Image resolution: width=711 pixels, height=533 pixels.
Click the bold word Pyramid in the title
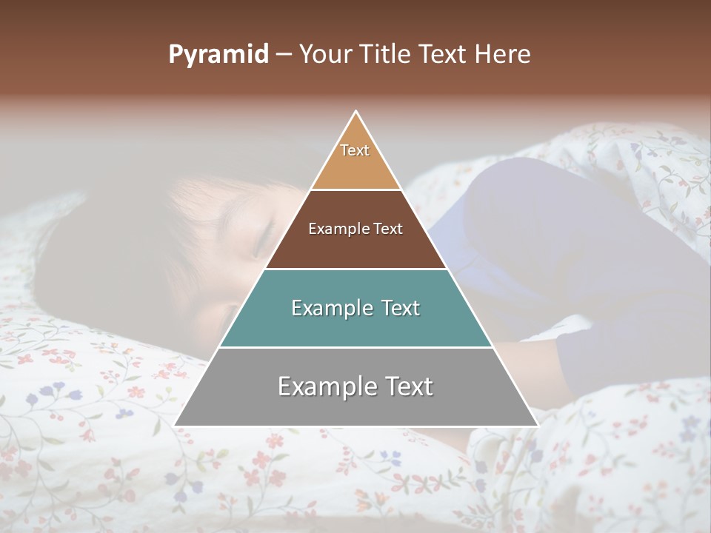point(218,55)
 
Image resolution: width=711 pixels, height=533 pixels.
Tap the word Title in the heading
point(389,55)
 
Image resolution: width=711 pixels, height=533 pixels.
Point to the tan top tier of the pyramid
point(355,167)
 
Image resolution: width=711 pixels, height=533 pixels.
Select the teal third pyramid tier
point(355,326)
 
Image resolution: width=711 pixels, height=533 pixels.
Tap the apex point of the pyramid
point(356,111)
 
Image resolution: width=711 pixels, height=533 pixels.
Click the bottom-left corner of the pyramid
point(175,426)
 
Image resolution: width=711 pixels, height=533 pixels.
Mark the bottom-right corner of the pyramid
point(538,426)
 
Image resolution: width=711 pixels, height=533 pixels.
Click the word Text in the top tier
point(355,150)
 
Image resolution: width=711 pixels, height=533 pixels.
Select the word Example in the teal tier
point(331,308)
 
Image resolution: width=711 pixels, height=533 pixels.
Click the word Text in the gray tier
point(406,386)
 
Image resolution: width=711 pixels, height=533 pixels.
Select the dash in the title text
point(284,55)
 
